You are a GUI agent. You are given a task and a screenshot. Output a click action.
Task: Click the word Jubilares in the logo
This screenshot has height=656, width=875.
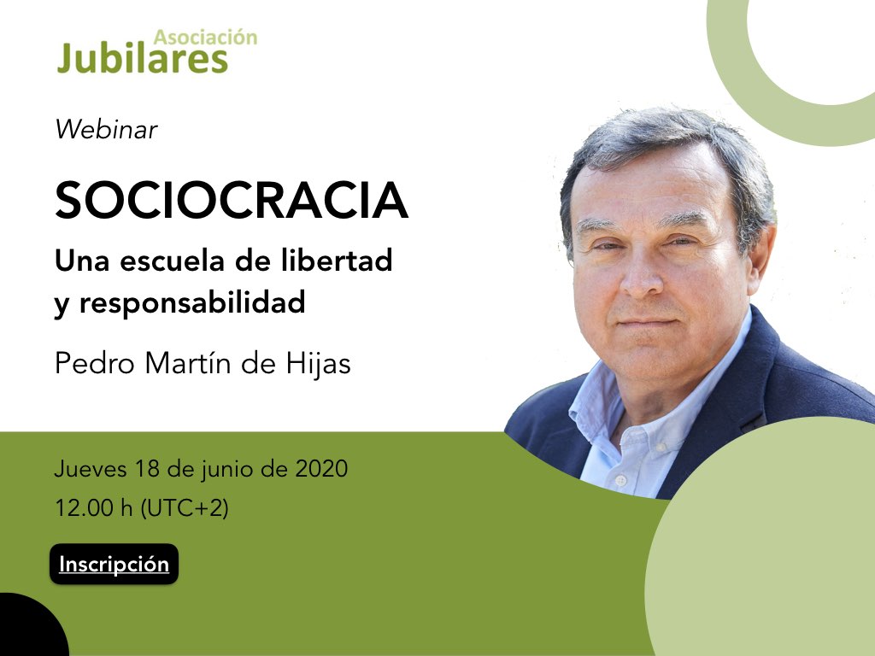pyautogui.click(x=143, y=57)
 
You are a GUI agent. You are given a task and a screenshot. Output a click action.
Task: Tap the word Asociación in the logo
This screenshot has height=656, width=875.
pyautogui.click(x=205, y=37)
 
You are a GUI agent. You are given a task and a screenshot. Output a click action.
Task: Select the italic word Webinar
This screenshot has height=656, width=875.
pyautogui.click(x=106, y=130)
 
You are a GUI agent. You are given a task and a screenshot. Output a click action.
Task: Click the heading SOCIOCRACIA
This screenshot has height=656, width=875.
pyautogui.click(x=232, y=200)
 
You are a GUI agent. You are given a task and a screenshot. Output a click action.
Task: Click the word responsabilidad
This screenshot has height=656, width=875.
pyautogui.click(x=192, y=302)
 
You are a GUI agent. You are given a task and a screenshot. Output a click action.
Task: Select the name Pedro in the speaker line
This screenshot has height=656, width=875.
pyautogui.click(x=95, y=364)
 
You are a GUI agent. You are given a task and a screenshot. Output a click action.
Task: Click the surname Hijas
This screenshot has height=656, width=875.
pyautogui.click(x=318, y=364)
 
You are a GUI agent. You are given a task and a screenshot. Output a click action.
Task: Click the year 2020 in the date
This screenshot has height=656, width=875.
pyautogui.click(x=321, y=469)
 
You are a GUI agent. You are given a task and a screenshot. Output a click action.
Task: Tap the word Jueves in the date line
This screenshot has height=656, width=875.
pyautogui.click(x=91, y=469)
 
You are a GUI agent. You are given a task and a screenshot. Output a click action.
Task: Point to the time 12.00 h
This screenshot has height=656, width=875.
pyautogui.click(x=94, y=507)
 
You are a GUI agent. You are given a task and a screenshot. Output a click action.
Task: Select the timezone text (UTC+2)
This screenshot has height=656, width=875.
pyautogui.click(x=185, y=508)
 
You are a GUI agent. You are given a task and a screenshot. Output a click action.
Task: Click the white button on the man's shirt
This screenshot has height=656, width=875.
pyautogui.click(x=620, y=480)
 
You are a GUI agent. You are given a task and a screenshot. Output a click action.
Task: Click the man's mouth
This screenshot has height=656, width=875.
pyautogui.click(x=648, y=322)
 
